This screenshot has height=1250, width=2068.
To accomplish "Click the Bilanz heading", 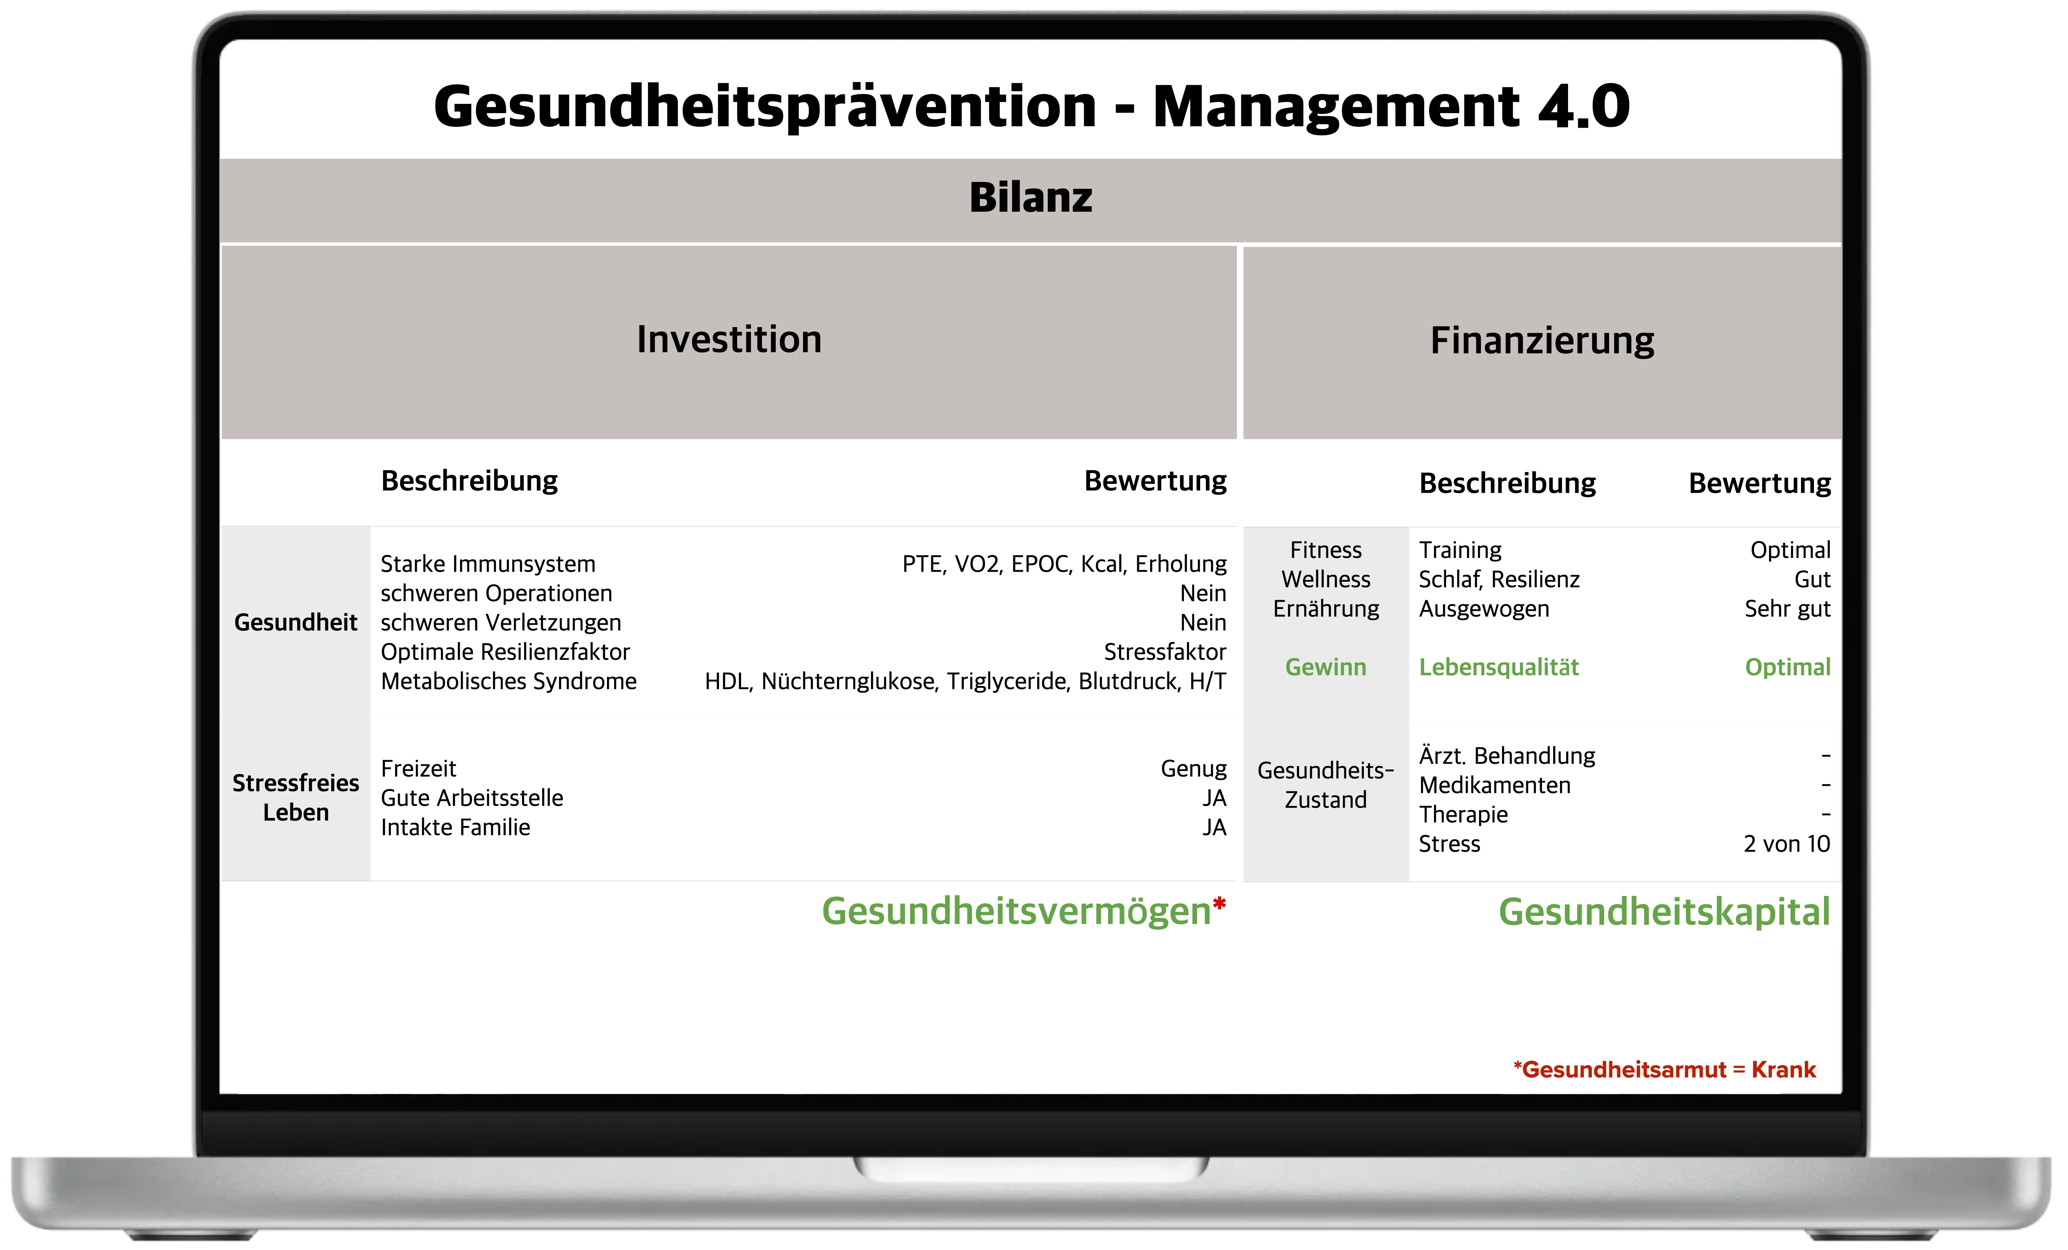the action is (1031, 198).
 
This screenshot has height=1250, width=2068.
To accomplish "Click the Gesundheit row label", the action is (295, 622).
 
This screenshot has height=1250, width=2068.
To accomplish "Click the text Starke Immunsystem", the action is (488, 564).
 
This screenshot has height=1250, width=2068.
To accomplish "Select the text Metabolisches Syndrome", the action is (509, 681).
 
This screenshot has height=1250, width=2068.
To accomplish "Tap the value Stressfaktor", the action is (1165, 652).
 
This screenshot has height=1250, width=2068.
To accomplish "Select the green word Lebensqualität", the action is (1499, 667).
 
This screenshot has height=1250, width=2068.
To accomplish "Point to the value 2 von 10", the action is (1787, 844).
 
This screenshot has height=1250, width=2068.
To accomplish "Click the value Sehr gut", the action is (1788, 609).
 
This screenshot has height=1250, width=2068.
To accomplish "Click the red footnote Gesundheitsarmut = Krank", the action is (1664, 1070).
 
